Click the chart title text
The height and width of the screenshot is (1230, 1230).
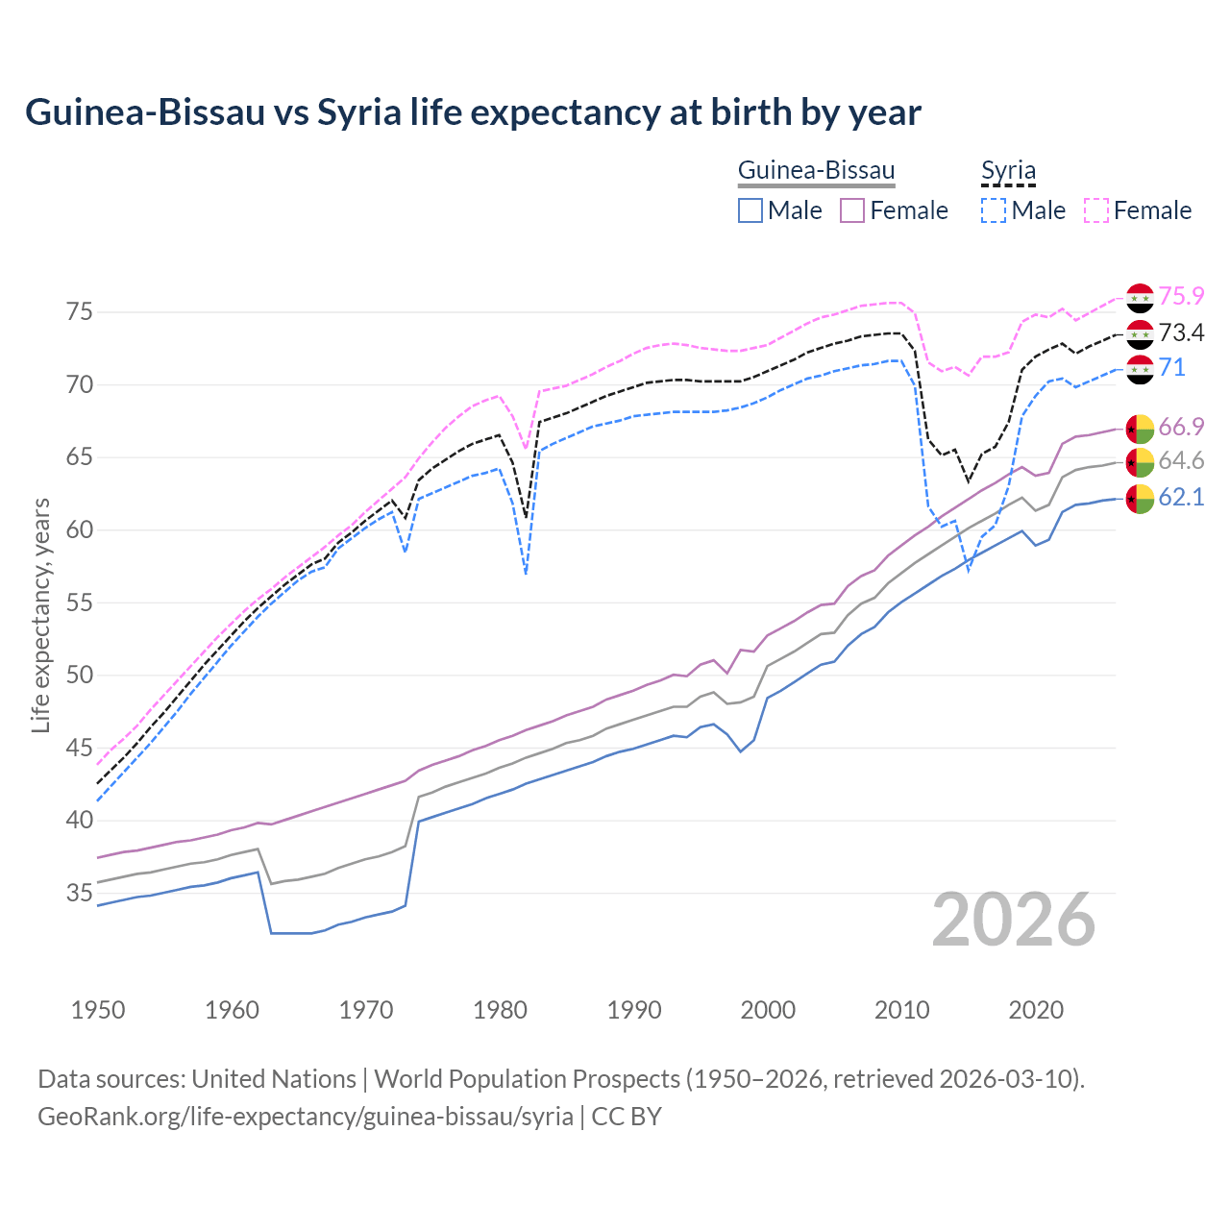tap(473, 112)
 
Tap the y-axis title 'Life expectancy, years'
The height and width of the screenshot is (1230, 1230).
tap(40, 615)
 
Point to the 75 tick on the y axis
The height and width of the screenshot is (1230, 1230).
tap(80, 312)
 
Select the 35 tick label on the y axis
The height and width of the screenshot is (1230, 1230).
tap(80, 894)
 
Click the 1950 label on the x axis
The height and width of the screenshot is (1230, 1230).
tap(98, 1010)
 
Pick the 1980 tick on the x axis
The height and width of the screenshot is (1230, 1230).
tap(500, 1010)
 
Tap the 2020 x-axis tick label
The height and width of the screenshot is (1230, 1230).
tap(1036, 1010)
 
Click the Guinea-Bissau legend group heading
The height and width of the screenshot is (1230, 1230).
tap(816, 171)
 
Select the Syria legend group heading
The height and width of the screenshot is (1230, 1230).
tap(1008, 171)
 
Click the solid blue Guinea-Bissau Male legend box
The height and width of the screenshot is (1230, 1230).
tap(750, 210)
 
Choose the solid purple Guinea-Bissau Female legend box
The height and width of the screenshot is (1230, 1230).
tap(852, 210)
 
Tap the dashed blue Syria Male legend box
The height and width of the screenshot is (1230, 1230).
tap(994, 210)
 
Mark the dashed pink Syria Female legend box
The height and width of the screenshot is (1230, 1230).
tap(1095, 210)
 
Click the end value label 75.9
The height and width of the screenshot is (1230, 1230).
tap(1181, 297)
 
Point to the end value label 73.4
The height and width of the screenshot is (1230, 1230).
tap(1181, 333)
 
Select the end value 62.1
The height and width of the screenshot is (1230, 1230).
tap(1181, 498)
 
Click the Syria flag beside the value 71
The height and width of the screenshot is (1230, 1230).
tap(1140, 369)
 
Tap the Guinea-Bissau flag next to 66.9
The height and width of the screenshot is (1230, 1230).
tap(1140, 428)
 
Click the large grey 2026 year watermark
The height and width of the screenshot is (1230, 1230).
tap(1014, 920)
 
